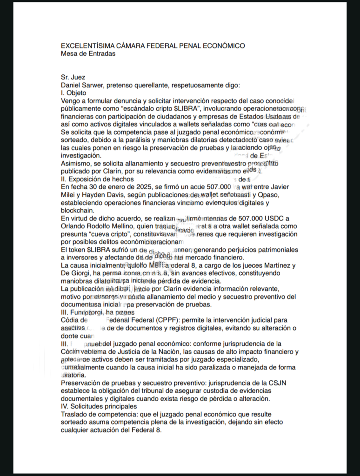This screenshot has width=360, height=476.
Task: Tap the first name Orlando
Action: (x=73, y=226)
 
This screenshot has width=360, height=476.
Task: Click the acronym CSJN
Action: (x=287, y=383)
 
